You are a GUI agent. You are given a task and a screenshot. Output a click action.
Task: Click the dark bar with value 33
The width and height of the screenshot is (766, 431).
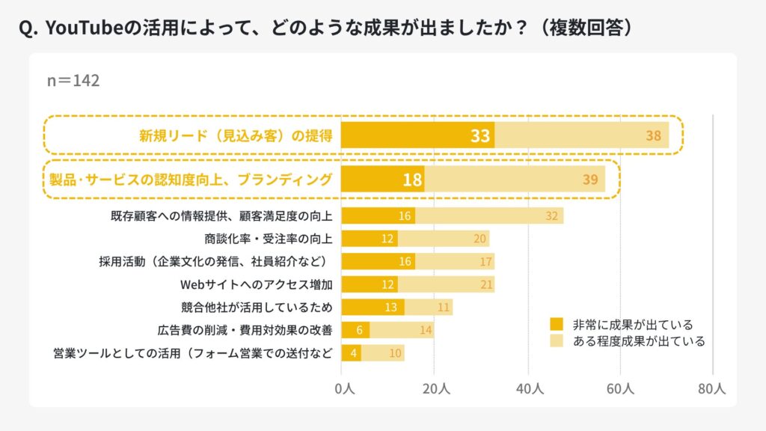[417, 135]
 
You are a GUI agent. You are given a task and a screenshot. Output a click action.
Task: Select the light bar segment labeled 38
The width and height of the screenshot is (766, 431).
[581, 135]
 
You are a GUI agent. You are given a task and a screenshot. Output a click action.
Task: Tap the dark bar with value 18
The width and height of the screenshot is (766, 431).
[382, 180]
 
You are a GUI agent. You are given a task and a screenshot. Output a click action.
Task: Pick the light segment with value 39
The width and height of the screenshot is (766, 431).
[515, 180]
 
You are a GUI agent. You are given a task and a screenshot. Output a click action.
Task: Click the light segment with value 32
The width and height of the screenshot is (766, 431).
[489, 216]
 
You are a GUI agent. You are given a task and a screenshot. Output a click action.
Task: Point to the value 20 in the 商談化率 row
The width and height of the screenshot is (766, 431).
[480, 239]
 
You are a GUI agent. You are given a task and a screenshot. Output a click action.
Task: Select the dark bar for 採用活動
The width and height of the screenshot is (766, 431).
[379, 261]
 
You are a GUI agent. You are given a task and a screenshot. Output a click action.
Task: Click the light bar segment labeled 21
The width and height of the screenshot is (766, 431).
[446, 284]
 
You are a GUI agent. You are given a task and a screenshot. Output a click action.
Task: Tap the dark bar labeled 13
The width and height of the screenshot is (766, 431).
[373, 307]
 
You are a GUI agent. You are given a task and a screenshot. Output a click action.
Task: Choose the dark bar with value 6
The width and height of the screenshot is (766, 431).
[355, 330]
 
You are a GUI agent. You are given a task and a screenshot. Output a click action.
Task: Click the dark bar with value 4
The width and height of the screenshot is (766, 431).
[352, 352]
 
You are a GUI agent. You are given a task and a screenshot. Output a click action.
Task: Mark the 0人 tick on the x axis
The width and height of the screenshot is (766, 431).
[344, 389]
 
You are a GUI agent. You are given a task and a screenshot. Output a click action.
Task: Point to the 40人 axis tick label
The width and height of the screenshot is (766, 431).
[529, 389]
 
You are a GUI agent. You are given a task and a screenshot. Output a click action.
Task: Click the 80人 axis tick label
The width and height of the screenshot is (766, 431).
[712, 389]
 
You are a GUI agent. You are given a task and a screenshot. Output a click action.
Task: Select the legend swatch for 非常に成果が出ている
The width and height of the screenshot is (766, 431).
[557, 325]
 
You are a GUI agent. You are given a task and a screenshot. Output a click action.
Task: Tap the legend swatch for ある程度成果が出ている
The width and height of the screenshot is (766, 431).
[557, 341]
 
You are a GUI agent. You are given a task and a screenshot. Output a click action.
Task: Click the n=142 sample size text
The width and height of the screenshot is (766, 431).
[73, 80]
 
